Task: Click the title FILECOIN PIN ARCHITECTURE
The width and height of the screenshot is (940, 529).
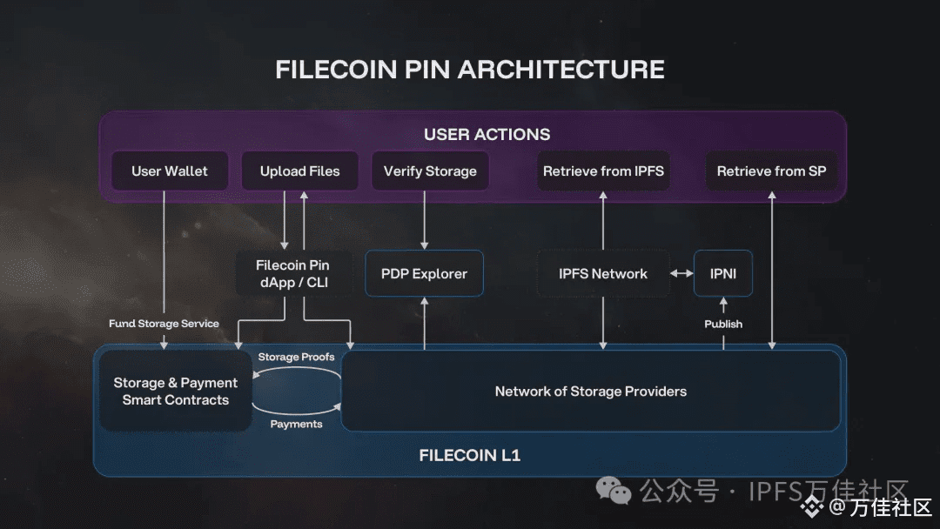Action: click(470, 70)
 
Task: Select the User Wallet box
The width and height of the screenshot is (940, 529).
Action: click(170, 171)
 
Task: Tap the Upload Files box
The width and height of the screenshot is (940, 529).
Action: click(299, 171)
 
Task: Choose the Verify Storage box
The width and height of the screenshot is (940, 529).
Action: click(430, 171)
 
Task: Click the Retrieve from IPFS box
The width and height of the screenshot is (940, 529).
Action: click(603, 171)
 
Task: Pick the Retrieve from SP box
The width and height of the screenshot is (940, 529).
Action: click(771, 171)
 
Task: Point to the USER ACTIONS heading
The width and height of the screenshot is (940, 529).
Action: click(487, 134)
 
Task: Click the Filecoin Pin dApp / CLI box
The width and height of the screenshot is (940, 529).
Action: click(292, 274)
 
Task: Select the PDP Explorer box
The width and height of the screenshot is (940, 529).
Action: click(424, 274)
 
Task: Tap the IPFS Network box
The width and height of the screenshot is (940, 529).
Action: click(603, 274)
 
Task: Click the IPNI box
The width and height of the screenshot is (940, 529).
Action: click(723, 274)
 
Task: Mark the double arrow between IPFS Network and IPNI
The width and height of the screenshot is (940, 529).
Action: click(681, 274)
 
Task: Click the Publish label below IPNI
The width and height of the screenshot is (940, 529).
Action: click(723, 324)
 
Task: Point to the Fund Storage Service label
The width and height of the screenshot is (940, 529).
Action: click(164, 324)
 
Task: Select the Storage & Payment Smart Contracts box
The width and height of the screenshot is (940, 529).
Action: click(176, 392)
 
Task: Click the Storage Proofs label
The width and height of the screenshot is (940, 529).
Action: click(296, 357)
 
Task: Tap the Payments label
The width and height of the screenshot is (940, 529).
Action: click(296, 424)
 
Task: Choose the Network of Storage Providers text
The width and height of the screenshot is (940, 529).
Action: click(590, 392)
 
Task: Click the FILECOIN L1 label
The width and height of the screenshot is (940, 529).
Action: click(470, 455)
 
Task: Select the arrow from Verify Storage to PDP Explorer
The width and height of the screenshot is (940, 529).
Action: click(425, 219)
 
